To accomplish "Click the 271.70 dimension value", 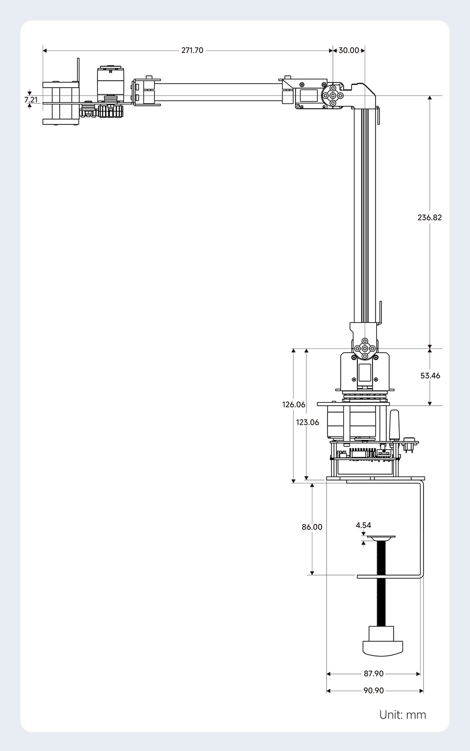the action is [192, 50].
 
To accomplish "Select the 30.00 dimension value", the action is [349, 50].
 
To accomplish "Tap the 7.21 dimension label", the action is [31, 99].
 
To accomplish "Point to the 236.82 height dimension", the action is [429, 217].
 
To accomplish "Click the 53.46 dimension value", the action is [430, 375].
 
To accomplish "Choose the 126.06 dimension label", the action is [294, 404].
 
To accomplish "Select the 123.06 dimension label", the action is [307, 422].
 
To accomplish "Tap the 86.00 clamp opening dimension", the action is [312, 527].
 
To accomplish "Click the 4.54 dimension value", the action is [363, 525].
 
